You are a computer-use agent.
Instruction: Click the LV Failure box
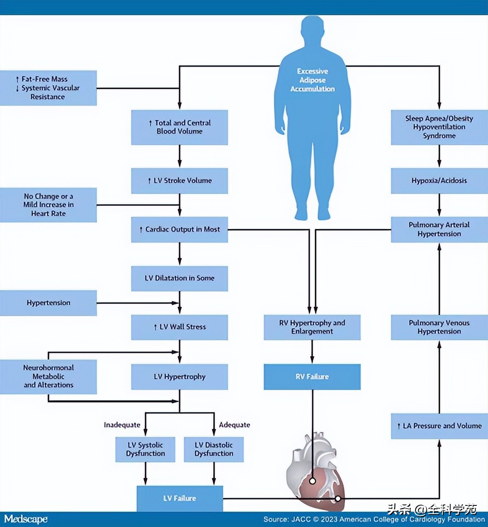point(180,498)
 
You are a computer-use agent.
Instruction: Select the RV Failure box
point(312,377)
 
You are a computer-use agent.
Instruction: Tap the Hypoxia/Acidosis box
point(439,181)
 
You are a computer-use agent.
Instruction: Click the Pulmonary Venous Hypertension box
point(439,327)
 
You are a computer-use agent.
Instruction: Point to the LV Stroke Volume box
point(180,181)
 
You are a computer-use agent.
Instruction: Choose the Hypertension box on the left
point(48,303)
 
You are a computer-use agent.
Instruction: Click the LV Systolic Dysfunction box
point(145,449)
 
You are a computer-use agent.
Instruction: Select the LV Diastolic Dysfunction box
point(214,449)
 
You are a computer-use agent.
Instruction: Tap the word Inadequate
point(122,425)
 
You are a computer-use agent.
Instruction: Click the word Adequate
point(234,425)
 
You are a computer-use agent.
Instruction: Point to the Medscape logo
point(26,519)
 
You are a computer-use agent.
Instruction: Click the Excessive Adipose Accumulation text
point(313,80)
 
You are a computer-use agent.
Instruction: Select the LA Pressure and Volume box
point(439,426)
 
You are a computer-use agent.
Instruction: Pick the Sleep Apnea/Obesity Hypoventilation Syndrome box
point(439,127)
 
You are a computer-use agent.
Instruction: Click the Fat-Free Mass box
point(48,88)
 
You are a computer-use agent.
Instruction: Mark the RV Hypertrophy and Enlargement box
point(312,327)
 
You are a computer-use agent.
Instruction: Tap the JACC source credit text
point(374,520)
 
